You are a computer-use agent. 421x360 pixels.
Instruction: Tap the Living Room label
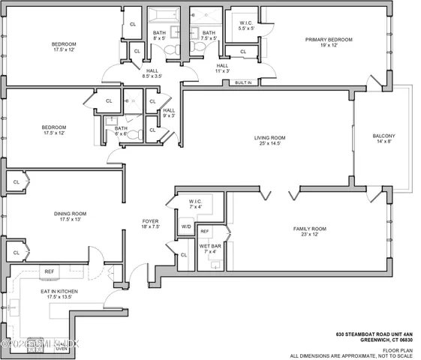coord(269,137)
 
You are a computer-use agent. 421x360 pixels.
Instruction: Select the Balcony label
coord(383,136)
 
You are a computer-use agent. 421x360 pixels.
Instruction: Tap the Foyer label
coord(151,221)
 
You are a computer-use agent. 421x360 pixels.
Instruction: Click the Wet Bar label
coord(209,246)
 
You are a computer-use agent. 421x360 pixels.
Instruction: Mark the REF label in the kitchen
coord(50,271)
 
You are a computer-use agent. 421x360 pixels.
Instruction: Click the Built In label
coord(242,82)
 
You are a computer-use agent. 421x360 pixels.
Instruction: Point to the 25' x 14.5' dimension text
coord(269,145)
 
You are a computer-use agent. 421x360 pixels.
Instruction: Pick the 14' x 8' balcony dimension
coord(383,143)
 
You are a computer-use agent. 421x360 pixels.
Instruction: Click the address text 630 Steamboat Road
coord(374,332)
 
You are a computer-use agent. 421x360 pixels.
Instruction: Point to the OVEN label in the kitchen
coord(61,348)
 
